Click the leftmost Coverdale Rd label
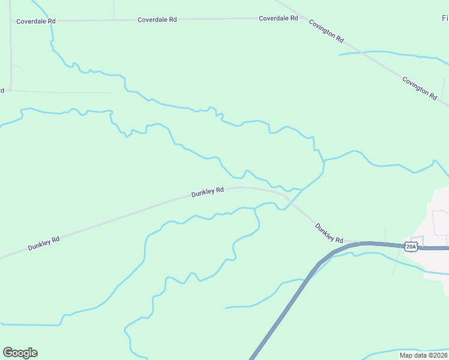(x=36, y=21)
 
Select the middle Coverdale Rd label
(x=157, y=20)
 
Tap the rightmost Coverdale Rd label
(x=278, y=19)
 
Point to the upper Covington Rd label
(x=326, y=31)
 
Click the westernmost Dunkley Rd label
(x=43, y=243)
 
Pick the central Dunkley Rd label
(x=207, y=192)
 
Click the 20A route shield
(x=411, y=247)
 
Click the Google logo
(x=20, y=353)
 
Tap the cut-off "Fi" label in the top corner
(x=445, y=19)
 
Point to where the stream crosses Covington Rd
(x=362, y=53)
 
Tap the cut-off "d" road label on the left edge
(x=2, y=91)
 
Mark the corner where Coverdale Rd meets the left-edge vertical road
(x=11, y=22)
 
